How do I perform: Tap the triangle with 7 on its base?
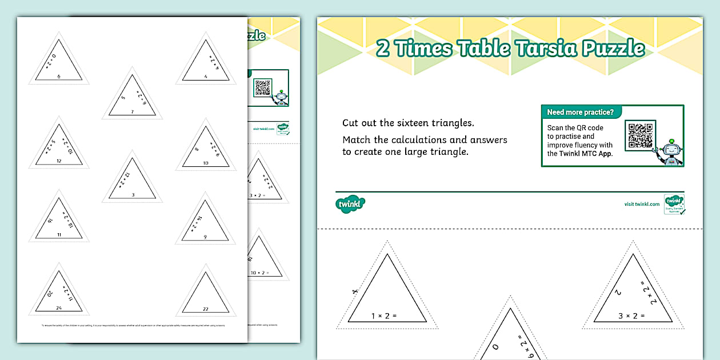tap(132, 100)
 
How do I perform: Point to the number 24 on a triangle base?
tap(59, 308)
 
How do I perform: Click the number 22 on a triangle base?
tap(206, 308)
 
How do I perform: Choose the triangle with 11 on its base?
tap(59, 222)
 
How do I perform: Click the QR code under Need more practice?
tap(639, 135)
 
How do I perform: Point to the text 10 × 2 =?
tap(258, 273)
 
